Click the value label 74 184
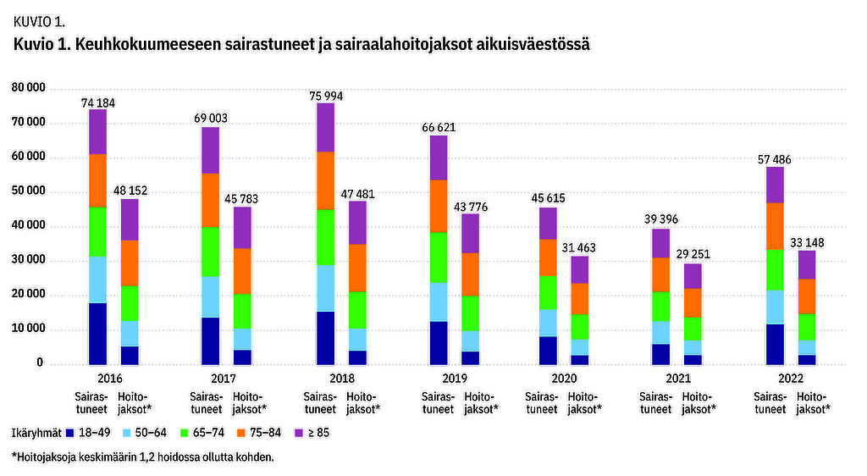[x=98, y=102]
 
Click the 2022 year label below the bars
[x=792, y=379]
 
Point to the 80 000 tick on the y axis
[x=29, y=88]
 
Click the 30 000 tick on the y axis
[x=29, y=261]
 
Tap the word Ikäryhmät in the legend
[x=36, y=434]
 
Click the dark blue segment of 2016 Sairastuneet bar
[x=98, y=333]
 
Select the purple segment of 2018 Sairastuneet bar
[x=326, y=127]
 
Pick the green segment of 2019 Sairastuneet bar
[x=439, y=257]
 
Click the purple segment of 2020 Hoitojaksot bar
[x=580, y=269]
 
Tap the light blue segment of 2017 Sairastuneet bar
[x=212, y=296]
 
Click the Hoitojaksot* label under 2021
[x=699, y=402]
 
